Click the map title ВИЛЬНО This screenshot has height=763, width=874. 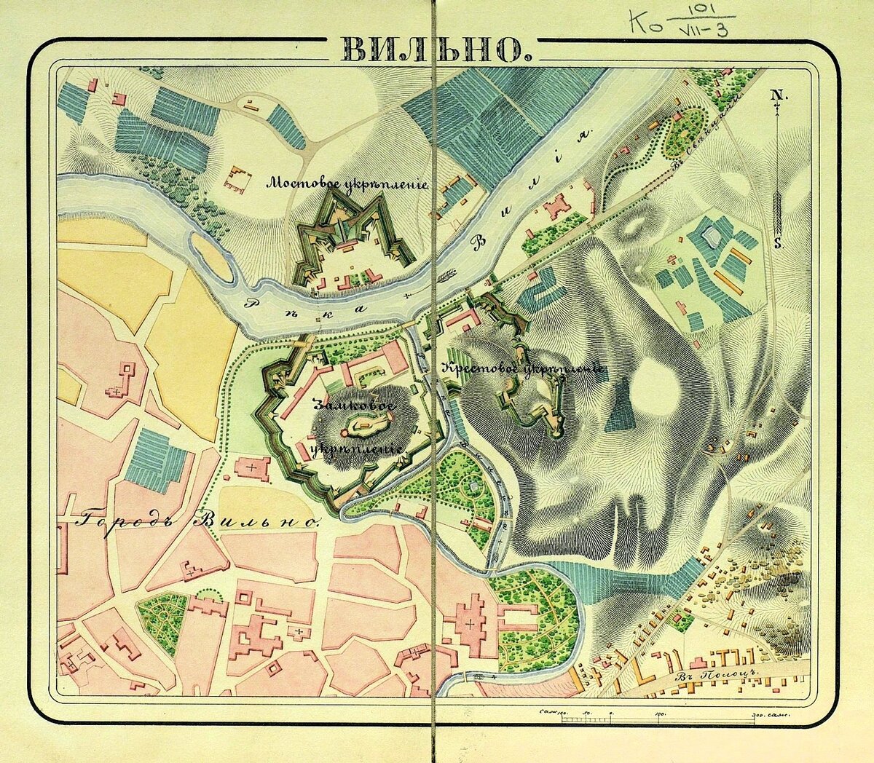433,50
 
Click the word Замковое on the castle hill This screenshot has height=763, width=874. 354,405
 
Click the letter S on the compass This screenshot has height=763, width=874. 778,244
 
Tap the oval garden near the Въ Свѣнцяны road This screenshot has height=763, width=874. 683,132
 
